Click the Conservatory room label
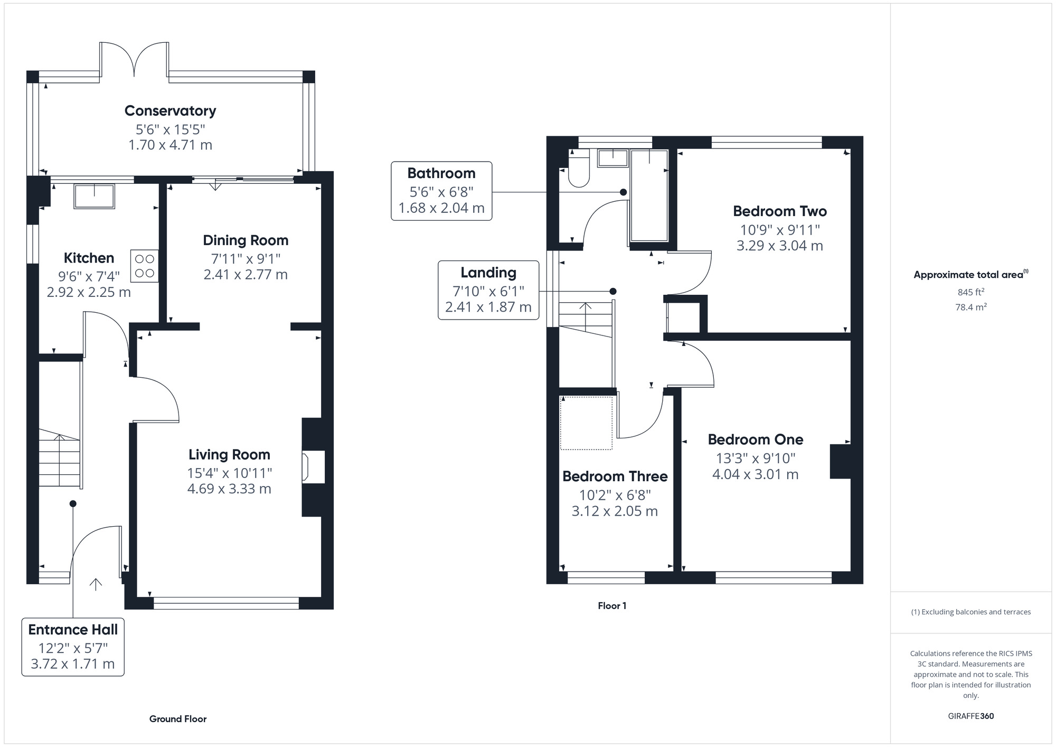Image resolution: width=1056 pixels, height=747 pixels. tap(170, 111)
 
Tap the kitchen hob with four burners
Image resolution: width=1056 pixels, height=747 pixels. tap(144, 266)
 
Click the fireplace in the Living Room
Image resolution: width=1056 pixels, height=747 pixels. tap(313, 466)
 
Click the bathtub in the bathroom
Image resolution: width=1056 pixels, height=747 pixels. tap(649, 195)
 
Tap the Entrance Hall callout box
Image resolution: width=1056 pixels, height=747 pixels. tap(73, 647)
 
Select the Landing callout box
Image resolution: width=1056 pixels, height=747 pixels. tap(488, 290)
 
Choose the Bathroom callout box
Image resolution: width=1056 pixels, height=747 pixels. tap(441, 191)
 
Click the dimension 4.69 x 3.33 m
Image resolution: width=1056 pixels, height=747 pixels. tap(229, 489)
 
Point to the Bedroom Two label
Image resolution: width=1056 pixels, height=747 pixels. tap(779, 211)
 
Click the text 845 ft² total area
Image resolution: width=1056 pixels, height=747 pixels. tap(970, 292)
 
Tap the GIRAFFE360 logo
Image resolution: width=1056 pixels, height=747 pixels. tap(970, 716)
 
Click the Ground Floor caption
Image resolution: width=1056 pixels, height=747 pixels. tap(178, 719)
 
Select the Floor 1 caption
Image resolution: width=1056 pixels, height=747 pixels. tap(612, 606)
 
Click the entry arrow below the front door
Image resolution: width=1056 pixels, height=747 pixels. tap(96, 584)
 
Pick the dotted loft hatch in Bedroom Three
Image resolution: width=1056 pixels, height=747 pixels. tap(586, 423)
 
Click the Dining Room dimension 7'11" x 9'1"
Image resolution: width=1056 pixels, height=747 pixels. tap(246, 259)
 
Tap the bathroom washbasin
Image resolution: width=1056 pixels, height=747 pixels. tap(612, 158)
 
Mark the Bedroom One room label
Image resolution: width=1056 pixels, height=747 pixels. tap(755, 440)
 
